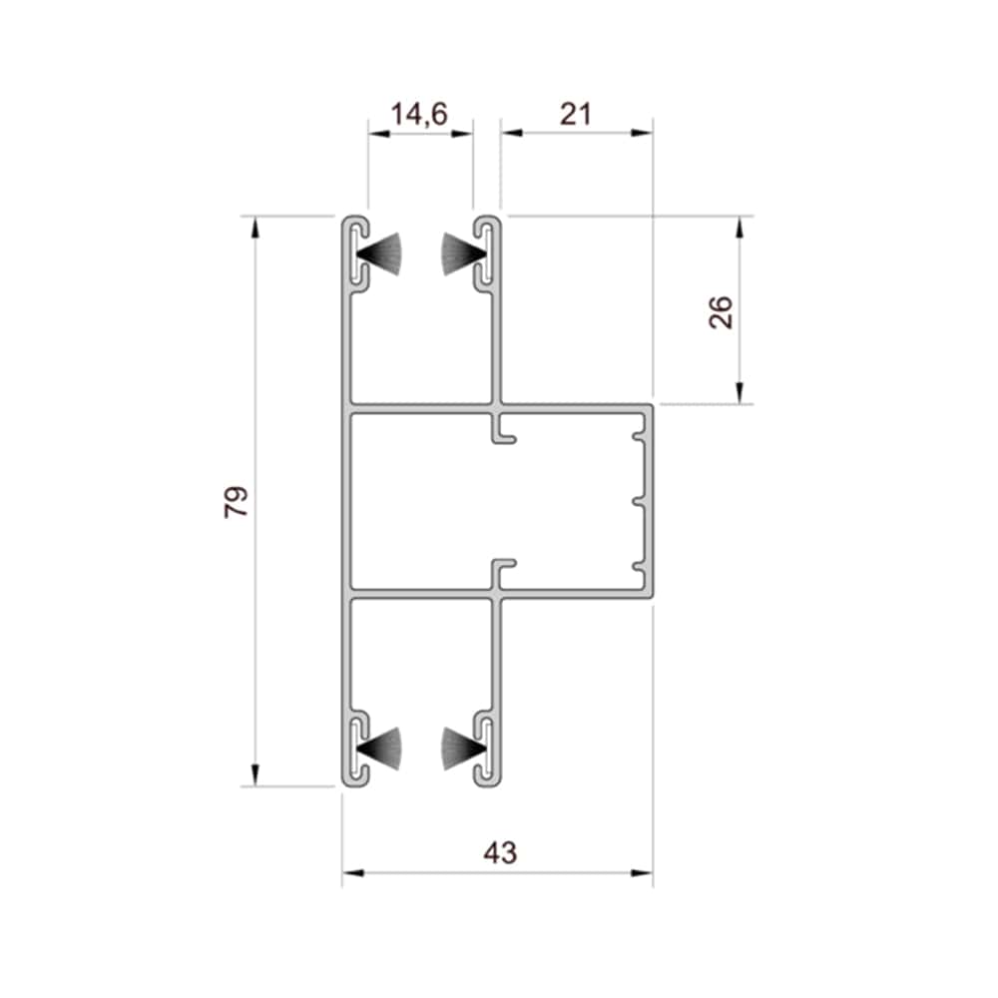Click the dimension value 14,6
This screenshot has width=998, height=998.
coord(419,115)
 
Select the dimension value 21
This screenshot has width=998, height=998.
coord(576,115)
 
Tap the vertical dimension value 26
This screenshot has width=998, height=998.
coord(722,311)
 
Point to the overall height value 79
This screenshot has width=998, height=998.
coord(237,502)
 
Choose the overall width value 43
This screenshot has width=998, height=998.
coord(501,853)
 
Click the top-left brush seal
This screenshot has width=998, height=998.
coord(380,253)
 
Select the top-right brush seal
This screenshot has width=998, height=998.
coord(464,253)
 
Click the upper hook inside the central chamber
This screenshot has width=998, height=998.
coord(503,428)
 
